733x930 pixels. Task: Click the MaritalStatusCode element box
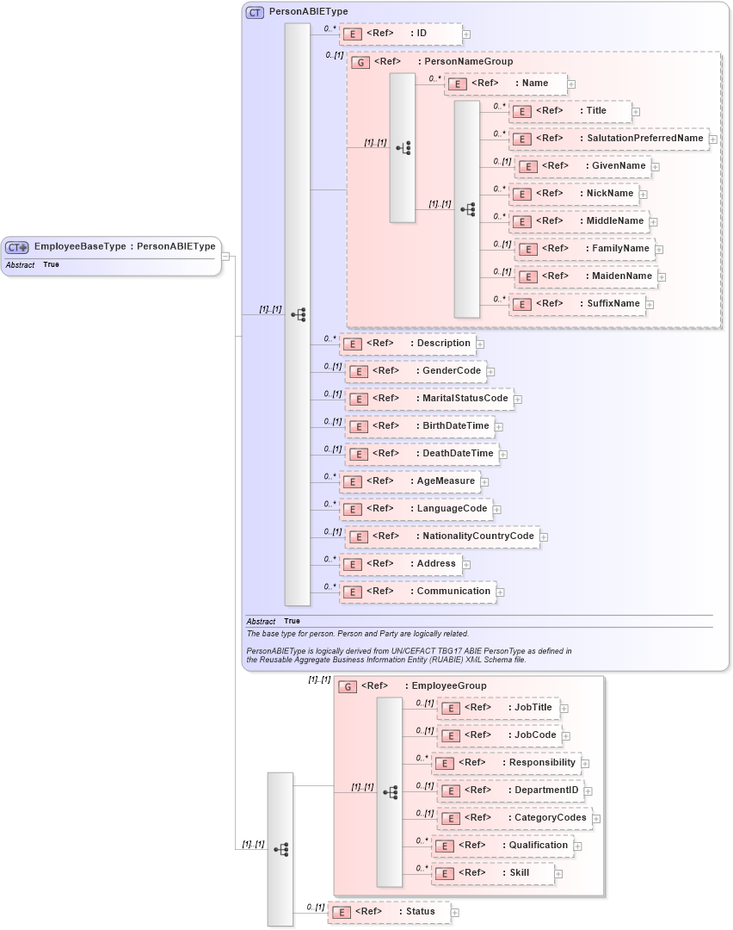coord(429,399)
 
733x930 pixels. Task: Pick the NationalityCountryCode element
coord(442,536)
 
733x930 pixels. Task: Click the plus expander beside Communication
coord(500,592)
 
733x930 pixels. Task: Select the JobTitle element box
coord(498,708)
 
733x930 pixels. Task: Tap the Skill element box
coord(492,873)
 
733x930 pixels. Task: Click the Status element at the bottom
coord(389,912)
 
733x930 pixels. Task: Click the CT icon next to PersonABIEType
coord(256,12)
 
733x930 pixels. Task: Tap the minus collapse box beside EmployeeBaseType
coord(225,256)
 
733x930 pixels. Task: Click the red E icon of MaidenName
coord(527,277)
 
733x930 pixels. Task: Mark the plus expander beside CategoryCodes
coord(596,819)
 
